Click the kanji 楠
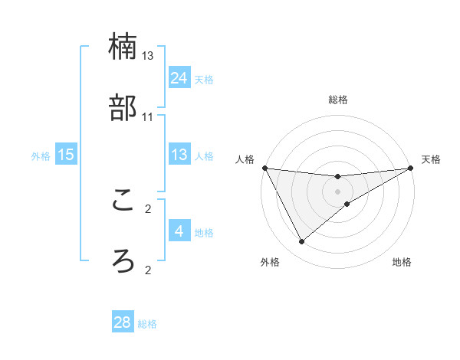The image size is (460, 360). coord(123,47)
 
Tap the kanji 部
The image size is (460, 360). coord(123,108)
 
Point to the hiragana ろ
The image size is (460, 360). coord(123,260)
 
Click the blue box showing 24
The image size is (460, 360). coord(179,78)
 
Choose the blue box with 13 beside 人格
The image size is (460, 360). coord(179,155)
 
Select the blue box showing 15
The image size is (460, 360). coord(66,155)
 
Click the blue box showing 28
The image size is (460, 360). coord(123,322)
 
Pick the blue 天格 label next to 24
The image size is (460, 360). coord(204,80)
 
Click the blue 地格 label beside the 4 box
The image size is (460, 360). coord(204,232)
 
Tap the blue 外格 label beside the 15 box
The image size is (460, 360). coord(41,155)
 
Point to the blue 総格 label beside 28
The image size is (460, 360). coord(147,324)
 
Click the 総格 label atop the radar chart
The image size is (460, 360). coord(338,100)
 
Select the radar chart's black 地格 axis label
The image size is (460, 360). coord(402,263)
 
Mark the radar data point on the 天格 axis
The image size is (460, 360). coord(412,168)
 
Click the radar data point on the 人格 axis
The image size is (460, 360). coord(264,168)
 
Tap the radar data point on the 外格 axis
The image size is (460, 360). coord(301,242)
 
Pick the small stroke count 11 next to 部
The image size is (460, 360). coord(148,116)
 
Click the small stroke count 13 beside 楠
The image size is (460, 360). coord(148,56)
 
